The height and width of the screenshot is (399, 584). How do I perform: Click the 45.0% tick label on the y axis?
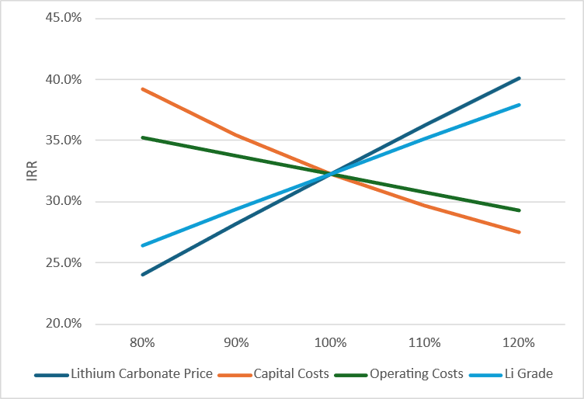click(x=63, y=18)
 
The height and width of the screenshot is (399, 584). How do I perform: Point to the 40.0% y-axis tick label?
click(x=63, y=79)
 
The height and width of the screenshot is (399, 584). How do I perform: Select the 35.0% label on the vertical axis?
click(x=63, y=141)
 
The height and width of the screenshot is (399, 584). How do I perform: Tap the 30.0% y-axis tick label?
click(x=63, y=202)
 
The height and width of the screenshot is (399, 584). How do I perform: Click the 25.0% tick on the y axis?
click(x=63, y=262)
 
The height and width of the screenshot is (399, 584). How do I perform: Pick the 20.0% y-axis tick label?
click(x=63, y=324)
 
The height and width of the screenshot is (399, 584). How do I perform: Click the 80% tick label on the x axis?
click(x=142, y=342)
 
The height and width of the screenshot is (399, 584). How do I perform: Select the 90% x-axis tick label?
click(x=236, y=342)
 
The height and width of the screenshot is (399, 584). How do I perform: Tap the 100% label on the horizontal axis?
click(x=331, y=342)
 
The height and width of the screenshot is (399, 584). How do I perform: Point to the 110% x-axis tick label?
click(x=426, y=342)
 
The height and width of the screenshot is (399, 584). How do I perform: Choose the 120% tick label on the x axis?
click(x=520, y=342)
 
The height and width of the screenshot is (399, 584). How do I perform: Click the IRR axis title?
click(x=30, y=171)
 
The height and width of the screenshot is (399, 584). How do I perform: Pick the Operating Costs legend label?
click(x=416, y=373)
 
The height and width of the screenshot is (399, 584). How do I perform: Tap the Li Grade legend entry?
click(x=528, y=373)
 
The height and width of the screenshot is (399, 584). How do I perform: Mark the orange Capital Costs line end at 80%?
click(x=142, y=89)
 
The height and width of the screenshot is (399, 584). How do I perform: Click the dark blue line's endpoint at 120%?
click(x=520, y=78)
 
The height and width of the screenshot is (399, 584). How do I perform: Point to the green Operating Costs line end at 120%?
click(x=520, y=210)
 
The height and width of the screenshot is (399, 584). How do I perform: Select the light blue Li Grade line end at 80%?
click(x=142, y=245)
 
